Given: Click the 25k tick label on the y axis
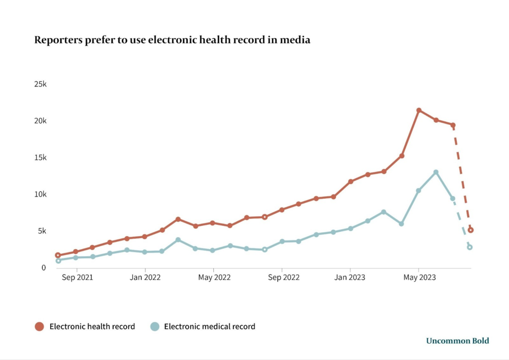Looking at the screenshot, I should pyautogui.click(x=40, y=84).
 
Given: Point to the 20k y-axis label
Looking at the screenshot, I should pyautogui.click(x=40, y=121).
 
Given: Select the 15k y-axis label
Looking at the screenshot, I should pyautogui.click(x=40, y=158).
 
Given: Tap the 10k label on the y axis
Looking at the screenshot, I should pyautogui.click(x=40, y=194).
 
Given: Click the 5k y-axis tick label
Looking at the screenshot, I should pyautogui.click(x=42, y=231).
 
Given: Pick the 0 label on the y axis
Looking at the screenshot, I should pyautogui.click(x=44, y=268).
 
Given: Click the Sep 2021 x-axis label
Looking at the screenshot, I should pyautogui.click(x=77, y=277).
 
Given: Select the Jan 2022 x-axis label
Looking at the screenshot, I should pyautogui.click(x=145, y=277).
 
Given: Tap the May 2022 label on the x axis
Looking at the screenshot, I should pyautogui.click(x=214, y=277).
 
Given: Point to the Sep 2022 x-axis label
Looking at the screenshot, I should pyautogui.click(x=283, y=277).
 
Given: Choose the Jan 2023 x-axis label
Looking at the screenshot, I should pyautogui.click(x=350, y=277).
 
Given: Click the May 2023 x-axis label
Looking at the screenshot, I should pyautogui.click(x=419, y=277).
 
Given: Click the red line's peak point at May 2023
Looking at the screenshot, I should pyautogui.click(x=419, y=110).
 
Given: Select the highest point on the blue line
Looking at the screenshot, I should pyautogui.click(x=436, y=173).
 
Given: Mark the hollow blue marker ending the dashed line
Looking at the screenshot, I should pyautogui.click(x=470, y=247).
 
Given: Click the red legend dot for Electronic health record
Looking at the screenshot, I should pyautogui.click(x=39, y=327).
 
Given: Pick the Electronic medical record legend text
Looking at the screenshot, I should pyautogui.click(x=209, y=327).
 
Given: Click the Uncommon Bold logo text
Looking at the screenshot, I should pyautogui.click(x=457, y=341).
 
